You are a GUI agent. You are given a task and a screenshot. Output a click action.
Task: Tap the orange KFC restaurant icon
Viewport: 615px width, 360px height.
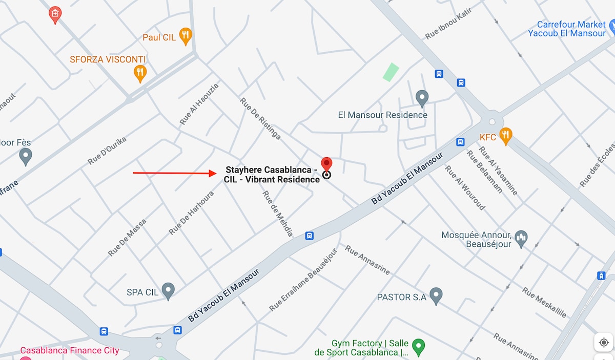point(505,136)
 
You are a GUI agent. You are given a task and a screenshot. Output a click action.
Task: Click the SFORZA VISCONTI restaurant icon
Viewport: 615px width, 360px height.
point(140,73)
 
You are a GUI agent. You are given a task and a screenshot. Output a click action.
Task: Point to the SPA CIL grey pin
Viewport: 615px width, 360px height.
point(168,291)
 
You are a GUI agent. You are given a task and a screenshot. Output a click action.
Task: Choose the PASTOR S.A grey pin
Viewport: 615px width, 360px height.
point(436,295)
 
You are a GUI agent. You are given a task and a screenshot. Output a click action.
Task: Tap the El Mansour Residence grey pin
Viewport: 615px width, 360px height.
point(422,98)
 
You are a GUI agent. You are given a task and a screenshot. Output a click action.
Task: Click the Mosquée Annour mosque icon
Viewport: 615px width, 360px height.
point(521,238)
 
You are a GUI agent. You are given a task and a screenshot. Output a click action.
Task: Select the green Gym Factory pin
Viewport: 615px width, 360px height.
point(419,347)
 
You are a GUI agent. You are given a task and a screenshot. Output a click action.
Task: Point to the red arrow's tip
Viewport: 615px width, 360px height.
point(216,173)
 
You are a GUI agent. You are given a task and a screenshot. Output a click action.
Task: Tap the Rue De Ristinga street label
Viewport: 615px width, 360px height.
point(260,118)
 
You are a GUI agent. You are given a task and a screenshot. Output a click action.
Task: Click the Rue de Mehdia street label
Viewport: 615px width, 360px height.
point(277,214)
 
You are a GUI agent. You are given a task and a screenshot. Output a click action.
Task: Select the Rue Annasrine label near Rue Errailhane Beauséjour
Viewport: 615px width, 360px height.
point(367,260)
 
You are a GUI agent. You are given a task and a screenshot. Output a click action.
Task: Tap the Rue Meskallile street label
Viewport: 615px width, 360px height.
point(544,302)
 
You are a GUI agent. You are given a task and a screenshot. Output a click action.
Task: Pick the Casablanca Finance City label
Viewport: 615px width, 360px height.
point(70,351)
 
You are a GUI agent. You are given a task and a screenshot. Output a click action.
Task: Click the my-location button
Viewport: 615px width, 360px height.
point(603,342)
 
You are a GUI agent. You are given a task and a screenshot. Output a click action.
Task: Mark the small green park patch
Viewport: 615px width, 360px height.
point(391,72)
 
